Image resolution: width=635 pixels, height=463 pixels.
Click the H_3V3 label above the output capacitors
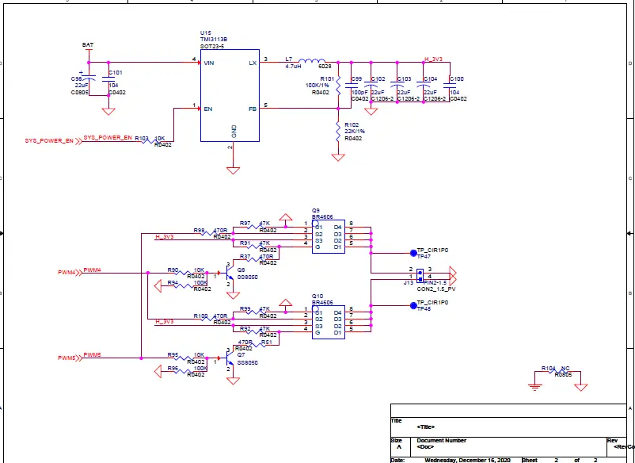[434, 59]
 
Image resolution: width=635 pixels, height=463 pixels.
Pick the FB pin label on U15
[253, 108]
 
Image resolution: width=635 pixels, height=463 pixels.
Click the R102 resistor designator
[352, 124]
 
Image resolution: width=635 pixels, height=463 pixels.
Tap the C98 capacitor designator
[77, 79]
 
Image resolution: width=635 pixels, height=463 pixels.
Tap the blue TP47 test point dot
[413, 254]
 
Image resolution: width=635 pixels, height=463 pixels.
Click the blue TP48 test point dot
[413, 305]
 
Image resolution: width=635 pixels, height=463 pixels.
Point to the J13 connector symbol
[420, 275]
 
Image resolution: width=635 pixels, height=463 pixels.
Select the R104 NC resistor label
[555, 369]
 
